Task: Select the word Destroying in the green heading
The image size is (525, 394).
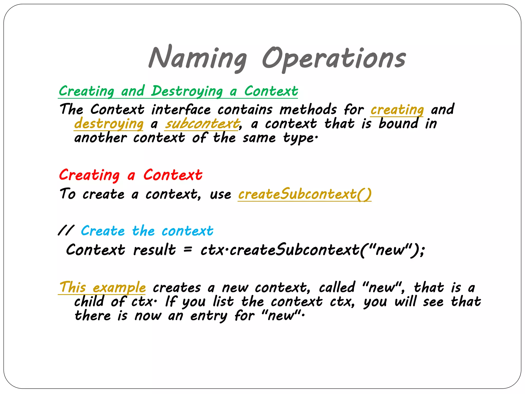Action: (187, 91)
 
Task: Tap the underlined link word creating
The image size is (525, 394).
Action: (397, 110)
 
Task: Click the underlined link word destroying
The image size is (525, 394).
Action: (109, 124)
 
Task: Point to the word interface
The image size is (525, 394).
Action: (181, 110)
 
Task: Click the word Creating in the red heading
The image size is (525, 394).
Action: (89, 175)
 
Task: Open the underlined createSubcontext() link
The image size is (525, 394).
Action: (305, 194)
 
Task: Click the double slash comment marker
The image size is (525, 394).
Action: (66, 231)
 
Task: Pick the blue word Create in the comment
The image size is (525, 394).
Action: (103, 231)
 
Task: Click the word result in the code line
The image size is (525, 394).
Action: (155, 250)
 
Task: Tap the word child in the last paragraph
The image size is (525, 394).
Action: (89, 301)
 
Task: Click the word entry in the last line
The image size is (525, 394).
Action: (209, 316)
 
